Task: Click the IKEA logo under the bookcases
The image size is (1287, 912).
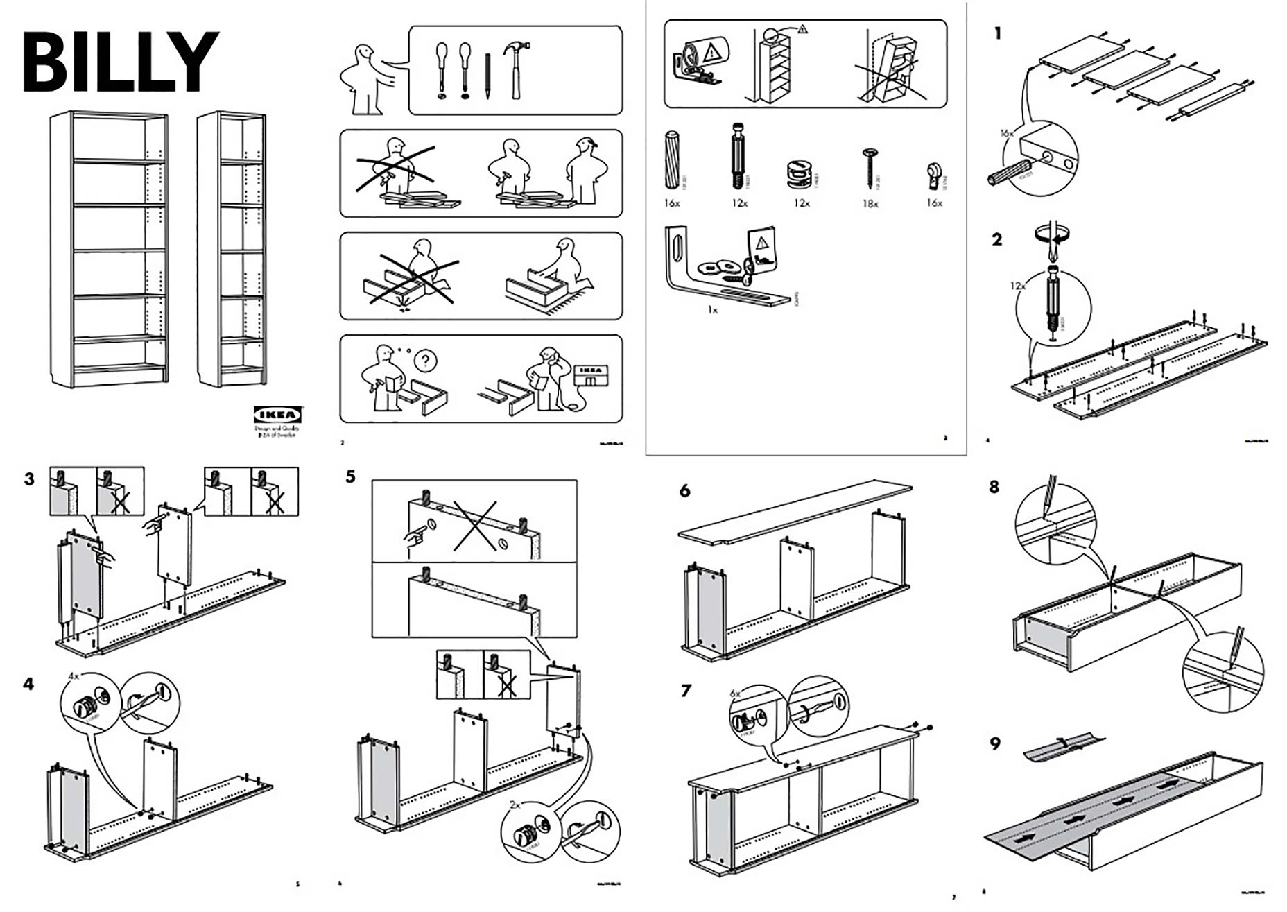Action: (277, 415)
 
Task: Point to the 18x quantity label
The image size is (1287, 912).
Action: (870, 203)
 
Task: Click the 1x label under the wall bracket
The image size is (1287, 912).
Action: (712, 310)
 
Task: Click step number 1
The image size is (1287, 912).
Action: (998, 33)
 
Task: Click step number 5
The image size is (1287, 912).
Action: (350, 476)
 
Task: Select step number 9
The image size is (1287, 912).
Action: (995, 744)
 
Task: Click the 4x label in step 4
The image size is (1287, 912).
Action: (74, 675)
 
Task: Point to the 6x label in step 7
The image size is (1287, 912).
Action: (736, 693)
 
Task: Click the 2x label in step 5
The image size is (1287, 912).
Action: (515, 805)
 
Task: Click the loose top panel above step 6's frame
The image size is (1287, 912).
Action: (794, 512)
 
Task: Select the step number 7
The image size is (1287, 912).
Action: (686, 691)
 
